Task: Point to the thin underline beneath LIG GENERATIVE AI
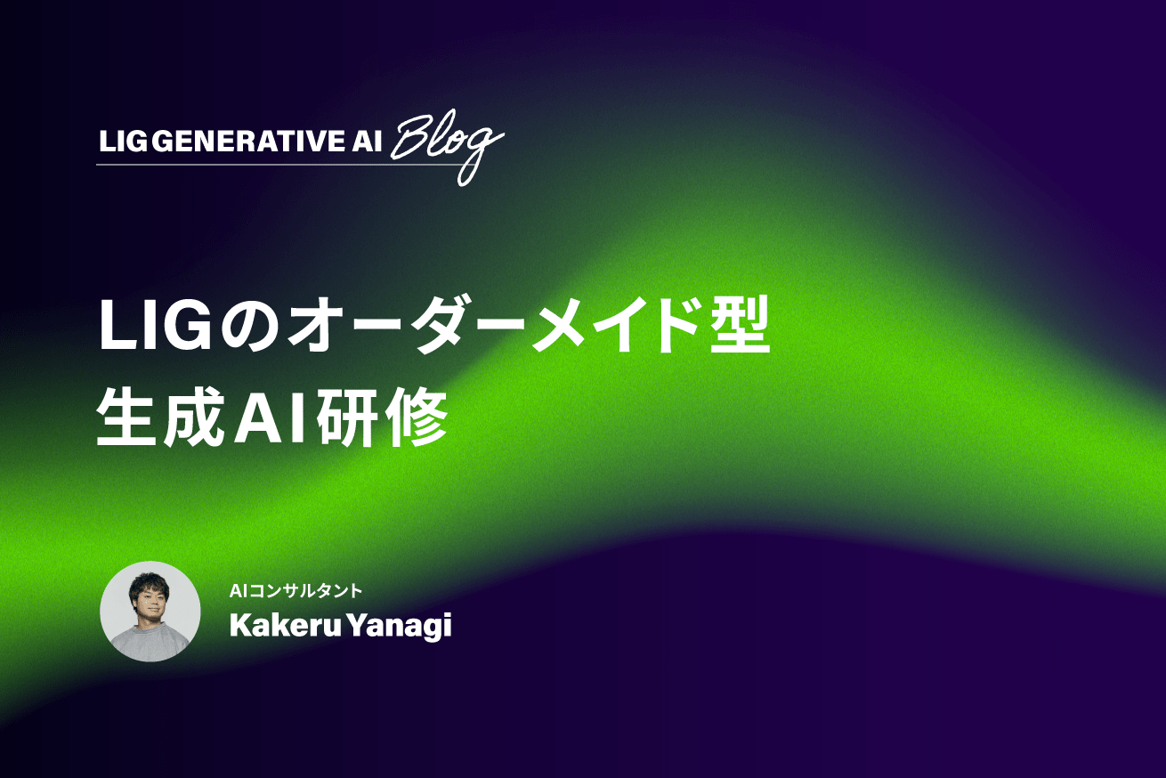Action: [267, 166]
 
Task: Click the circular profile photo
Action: [150, 612]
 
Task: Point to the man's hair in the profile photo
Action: [149, 581]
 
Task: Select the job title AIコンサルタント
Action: [296, 590]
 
